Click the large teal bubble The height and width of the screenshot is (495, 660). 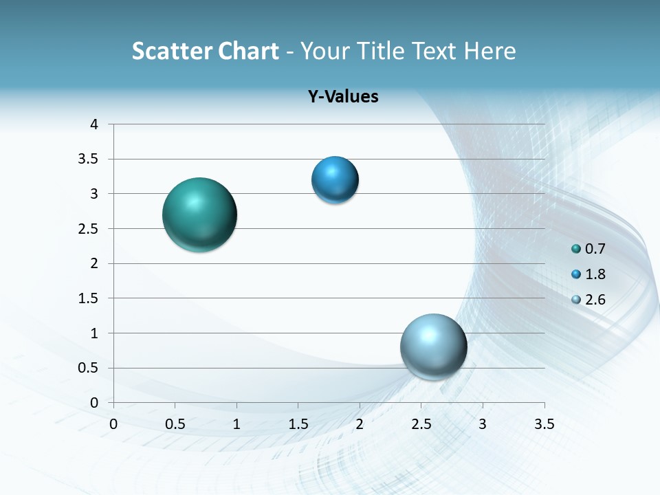[199, 214]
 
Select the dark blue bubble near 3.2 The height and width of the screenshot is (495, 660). [335, 180]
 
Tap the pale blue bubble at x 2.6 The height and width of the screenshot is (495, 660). [433, 346]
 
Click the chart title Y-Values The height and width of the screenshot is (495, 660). [343, 97]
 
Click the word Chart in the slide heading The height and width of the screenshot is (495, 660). [248, 51]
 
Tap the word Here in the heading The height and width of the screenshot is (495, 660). [489, 51]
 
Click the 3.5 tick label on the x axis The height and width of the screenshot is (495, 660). [544, 425]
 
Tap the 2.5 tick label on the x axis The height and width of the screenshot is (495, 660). [421, 425]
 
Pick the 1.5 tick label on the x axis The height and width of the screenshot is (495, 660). [298, 425]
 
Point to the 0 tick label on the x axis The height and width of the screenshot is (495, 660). [113, 425]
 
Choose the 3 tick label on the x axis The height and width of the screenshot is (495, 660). [483, 425]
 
